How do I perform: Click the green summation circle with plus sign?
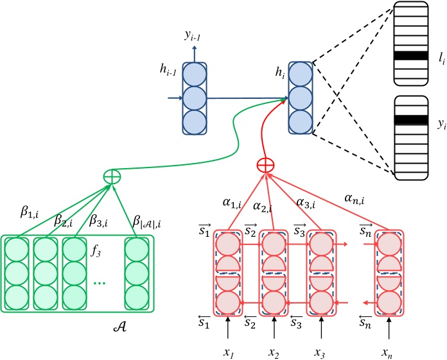click(113, 175)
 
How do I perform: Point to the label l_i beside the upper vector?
click(440, 58)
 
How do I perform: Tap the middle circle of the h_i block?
click(299, 98)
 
